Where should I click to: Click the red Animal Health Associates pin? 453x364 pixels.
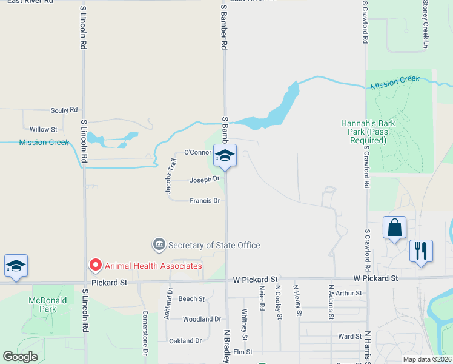pyautogui.click(x=95, y=265)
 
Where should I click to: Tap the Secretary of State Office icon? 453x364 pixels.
pyautogui.click(x=159, y=245)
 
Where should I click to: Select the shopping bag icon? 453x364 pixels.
pyautogui.click(x=394, y=228)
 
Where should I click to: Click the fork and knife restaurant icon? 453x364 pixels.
pyautogui.click(x=421, y=250)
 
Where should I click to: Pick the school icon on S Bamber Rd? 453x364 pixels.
pyautogui.click(x=225, y=155)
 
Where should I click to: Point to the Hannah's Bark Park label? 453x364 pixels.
pyautogui.click(x=368, y=132)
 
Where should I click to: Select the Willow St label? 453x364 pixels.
pyautogui.click(x=43, y=129)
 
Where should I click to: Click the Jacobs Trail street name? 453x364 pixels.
pyautogui.click(x=170, y=176)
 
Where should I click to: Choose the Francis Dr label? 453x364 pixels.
pyautogui.click(x=204, y=200)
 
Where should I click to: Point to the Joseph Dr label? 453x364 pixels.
pyautogui.click(x=203, y=180)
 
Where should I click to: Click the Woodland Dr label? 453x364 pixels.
pyautogui.click(x=202, y=318)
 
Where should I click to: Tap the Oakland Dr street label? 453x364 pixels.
pyautogui.click(x=185, y=340)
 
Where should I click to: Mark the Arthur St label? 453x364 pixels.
pyautogui.click(x=348, y=293)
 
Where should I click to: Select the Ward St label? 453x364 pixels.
pyautogui.click(x=349, y=335)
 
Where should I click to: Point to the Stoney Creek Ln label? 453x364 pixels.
pyautogui.click(x=426, y=24)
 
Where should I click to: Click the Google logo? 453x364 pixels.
pyautogui.click(x=20, y=356)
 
